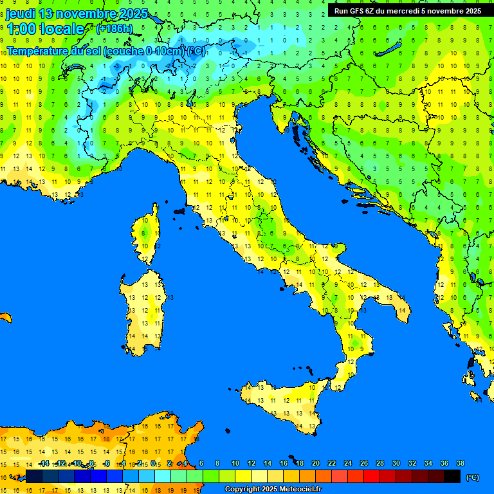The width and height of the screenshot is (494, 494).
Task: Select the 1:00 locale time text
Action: point(46,29)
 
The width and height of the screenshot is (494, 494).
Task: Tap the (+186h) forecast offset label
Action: point(114,29)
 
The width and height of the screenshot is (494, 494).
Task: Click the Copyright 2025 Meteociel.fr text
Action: point(273,489)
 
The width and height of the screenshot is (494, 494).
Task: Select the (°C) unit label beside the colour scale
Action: point(472,477)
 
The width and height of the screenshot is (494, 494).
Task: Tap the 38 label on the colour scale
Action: point(460,463)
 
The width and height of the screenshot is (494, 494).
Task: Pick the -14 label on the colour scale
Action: point(44,463)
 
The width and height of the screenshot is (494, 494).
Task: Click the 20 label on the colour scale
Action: point(316,463)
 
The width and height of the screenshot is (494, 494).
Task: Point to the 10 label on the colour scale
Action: point(235,463)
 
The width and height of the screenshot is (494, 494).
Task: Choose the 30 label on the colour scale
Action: point(396,463)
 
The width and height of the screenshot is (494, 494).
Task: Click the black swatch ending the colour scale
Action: point(452,476)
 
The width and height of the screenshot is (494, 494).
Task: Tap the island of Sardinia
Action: point(145,309)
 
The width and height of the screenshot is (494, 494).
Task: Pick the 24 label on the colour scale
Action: point(348,463)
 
